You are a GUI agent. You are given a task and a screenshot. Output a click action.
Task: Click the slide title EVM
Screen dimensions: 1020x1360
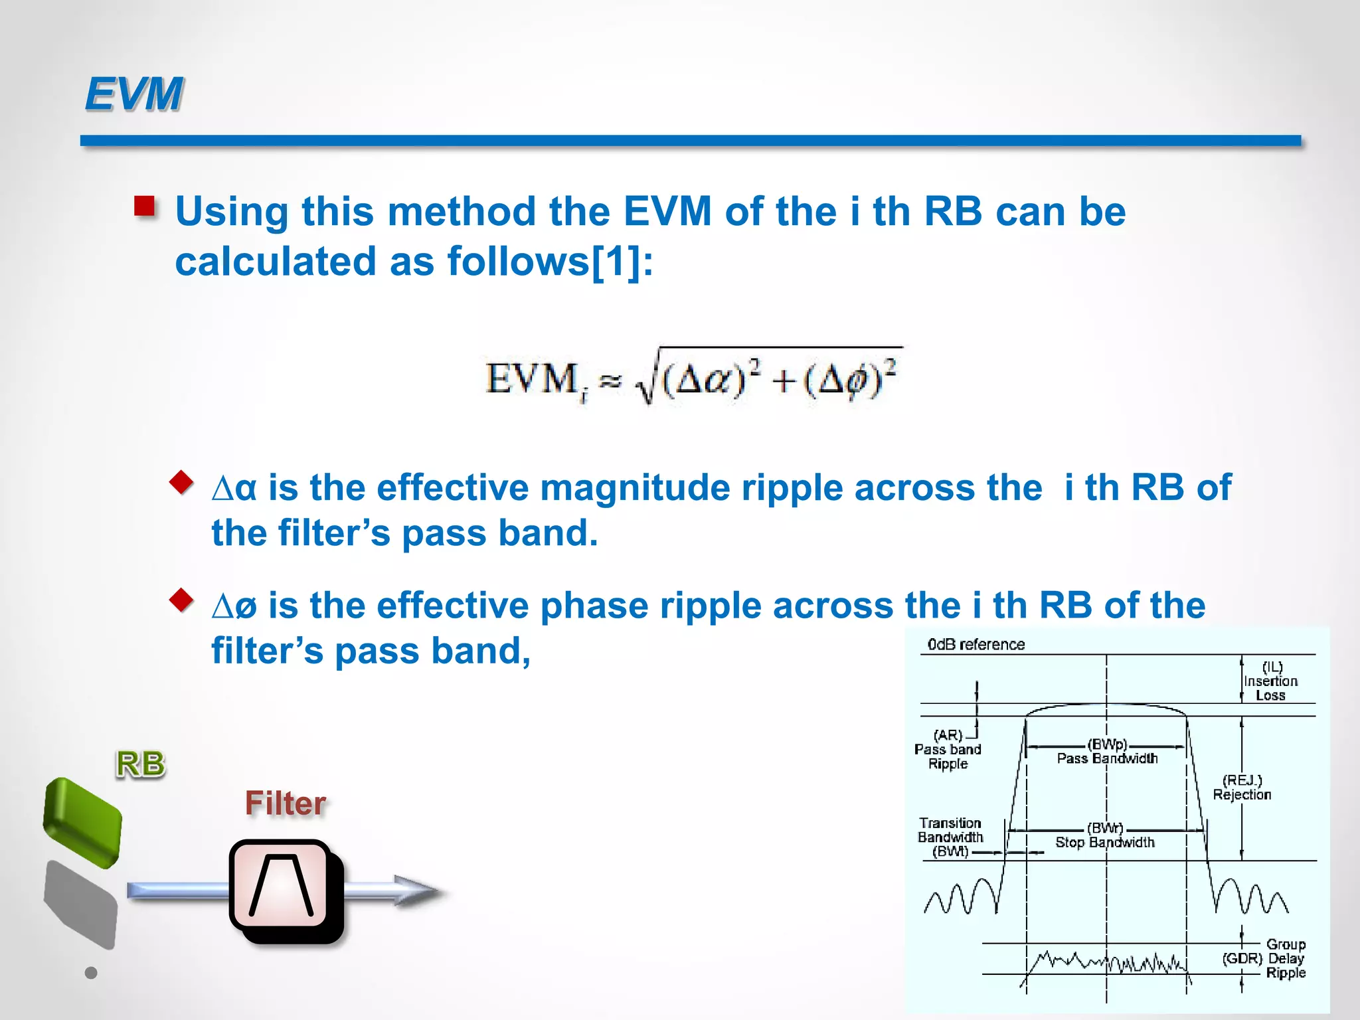point(134,94)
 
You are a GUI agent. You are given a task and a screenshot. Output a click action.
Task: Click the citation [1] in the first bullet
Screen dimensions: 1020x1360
point(616,261)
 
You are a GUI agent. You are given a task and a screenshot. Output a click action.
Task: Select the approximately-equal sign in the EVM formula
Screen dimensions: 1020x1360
point(610,381)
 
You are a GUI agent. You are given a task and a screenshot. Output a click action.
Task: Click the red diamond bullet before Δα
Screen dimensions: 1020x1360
point(181,482)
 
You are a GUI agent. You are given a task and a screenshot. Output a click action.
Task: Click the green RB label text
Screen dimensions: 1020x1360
point(140,764)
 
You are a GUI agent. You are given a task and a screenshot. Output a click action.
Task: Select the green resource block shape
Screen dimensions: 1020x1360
point(82,822)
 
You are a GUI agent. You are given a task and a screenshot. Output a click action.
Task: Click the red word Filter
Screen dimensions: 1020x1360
point(286,804)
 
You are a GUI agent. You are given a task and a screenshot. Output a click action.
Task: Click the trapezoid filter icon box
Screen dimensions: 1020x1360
point(282,886)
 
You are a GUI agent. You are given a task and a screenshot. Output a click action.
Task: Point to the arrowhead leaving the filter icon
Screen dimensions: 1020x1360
point(418,891)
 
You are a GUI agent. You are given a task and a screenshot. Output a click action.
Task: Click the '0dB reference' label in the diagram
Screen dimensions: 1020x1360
point(976,644)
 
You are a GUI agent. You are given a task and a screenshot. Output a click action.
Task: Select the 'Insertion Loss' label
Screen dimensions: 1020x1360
point(1270,688)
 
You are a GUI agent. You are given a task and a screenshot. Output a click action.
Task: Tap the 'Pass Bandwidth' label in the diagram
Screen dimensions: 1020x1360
point(1107,758)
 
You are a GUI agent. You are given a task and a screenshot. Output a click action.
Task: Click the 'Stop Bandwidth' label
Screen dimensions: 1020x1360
point(1105,842)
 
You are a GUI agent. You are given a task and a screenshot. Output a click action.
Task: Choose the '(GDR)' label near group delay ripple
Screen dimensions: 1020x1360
point(1242,958)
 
